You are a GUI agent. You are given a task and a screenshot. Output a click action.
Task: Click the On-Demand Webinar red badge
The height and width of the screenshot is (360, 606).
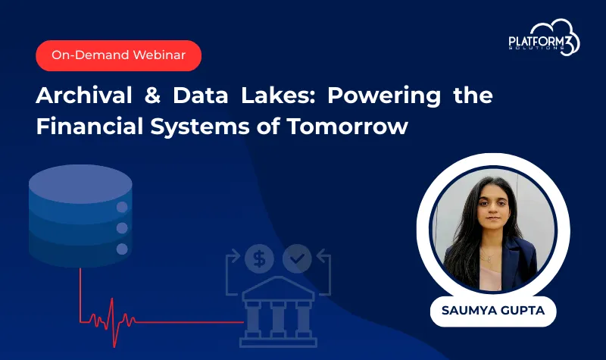(118, 55)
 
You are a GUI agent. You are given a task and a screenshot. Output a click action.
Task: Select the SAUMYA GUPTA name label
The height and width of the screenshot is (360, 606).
(493, 311)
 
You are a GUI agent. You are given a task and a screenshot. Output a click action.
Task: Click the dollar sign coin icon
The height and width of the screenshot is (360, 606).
(260, 259)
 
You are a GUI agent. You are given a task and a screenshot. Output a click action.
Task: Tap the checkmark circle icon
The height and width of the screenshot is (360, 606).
(297, 259)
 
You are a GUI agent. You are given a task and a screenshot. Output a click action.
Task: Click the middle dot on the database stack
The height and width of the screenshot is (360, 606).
(121, 228)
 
